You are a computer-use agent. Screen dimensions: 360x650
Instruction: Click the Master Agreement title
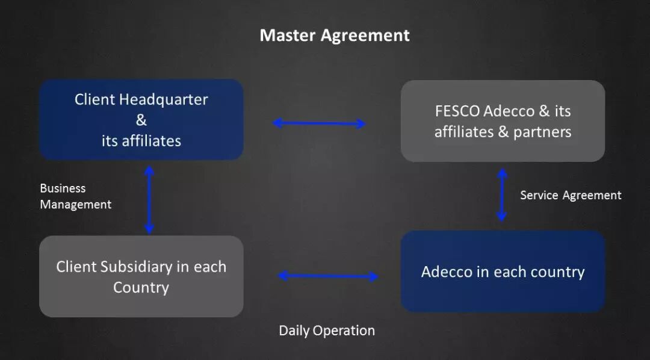click(335, 36)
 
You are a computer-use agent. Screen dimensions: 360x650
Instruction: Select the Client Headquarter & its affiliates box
click(141, 120)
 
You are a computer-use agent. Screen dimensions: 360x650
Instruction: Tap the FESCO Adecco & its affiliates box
click(503, 121)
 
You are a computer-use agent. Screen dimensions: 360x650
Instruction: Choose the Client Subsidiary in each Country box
click(141, 276)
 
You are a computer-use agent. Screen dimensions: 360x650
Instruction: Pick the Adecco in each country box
click(503, 272)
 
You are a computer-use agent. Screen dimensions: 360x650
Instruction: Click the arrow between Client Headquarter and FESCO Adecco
click(319, 123)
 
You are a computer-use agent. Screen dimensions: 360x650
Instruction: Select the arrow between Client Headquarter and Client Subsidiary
click(149, 200)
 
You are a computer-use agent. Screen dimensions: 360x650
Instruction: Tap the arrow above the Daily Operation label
click(328, 276)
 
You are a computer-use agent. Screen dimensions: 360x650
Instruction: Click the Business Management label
click(75, 196)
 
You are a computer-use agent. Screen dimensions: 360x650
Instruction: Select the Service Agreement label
click(571, 195)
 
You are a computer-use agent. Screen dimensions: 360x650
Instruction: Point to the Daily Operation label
click(327, 331)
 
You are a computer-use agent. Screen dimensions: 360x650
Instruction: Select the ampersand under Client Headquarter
click(141, 120)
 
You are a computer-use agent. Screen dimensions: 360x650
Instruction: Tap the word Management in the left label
click(75, 205)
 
